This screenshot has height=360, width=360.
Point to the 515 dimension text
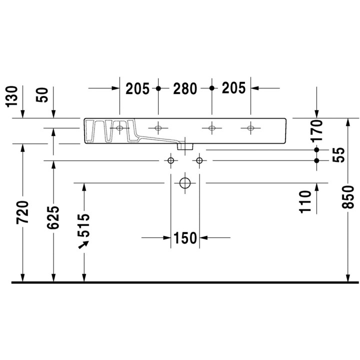click(84, 225)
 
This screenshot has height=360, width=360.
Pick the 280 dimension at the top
click(185, 89)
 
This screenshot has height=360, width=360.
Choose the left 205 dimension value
click(137, 89)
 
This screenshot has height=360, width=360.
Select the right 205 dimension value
click(232, 89)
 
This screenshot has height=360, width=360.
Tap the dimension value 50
click(44, 95)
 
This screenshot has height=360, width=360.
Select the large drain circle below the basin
click(185, 183)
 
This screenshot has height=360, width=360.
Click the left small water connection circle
click(170, 160)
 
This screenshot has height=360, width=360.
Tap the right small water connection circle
click(199, 160)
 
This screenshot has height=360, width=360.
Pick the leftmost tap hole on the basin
click(119, 128)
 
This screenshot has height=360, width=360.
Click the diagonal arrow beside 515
click(82, 244)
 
